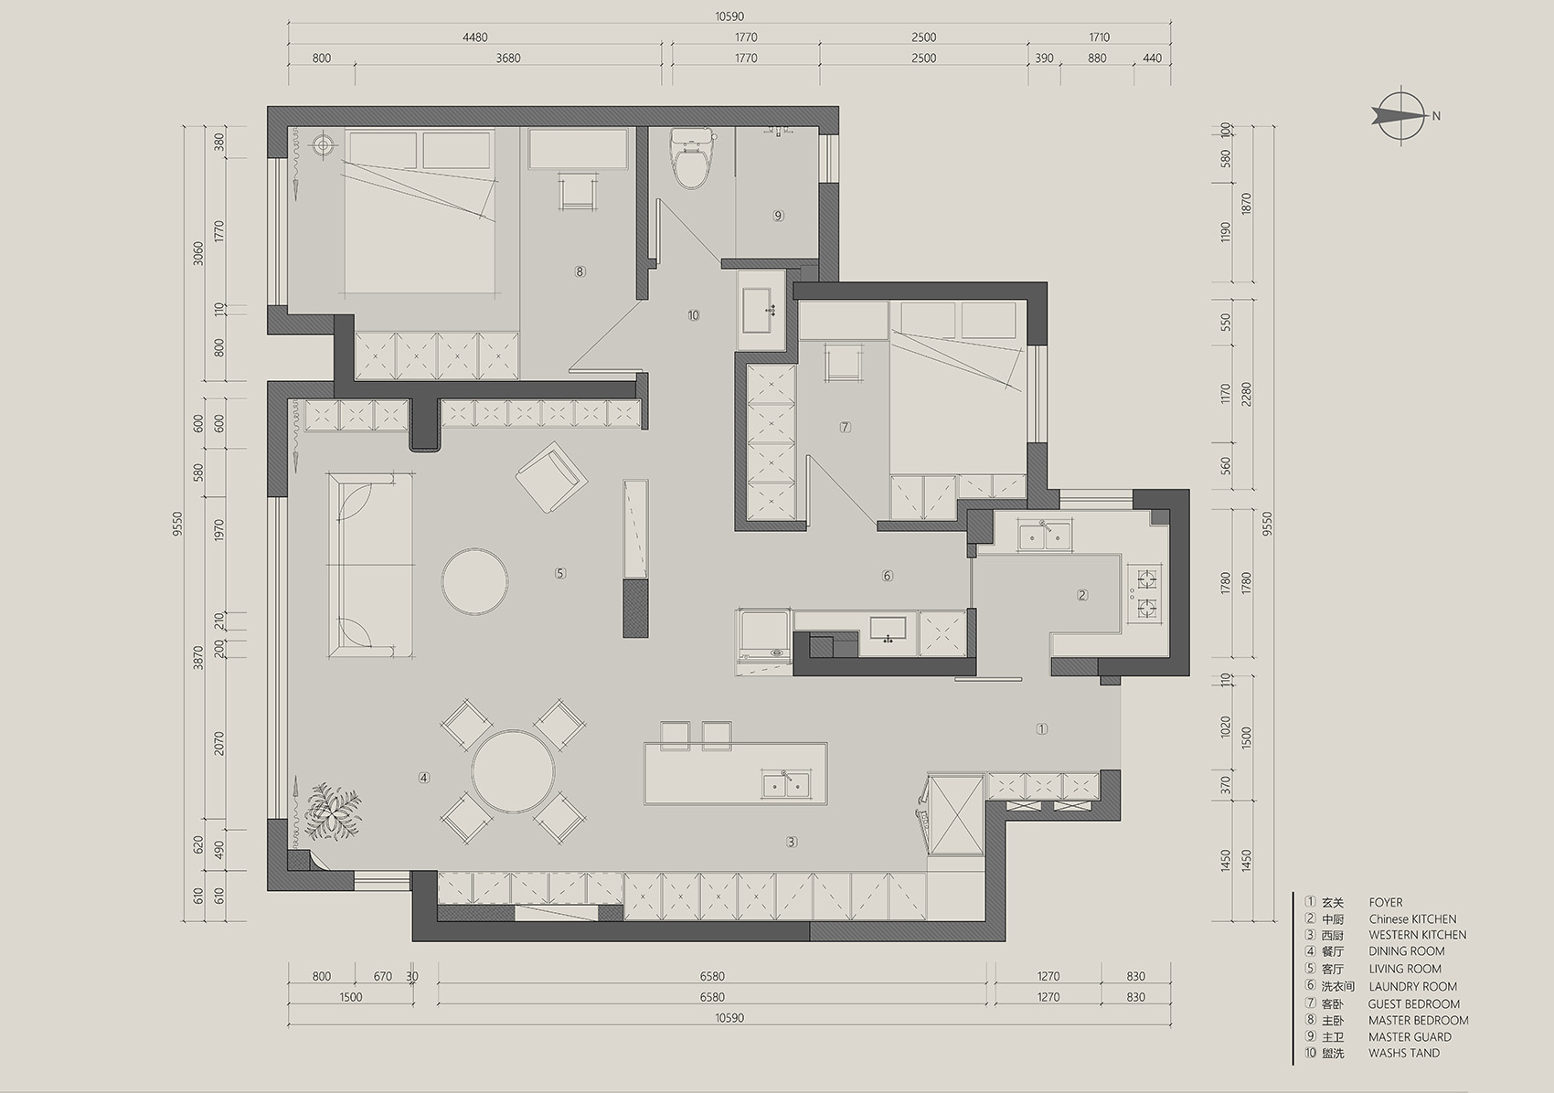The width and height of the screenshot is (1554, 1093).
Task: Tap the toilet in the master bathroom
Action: pyautogui.click(x=692, y=159)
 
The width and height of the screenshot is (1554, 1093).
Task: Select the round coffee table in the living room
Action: pyautogui.click(x=475, y=581)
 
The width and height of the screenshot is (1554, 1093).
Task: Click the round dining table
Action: pyautogui.click(x=513, y=771)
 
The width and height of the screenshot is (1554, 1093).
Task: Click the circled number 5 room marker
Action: pyautogui.click(x=560, y=574)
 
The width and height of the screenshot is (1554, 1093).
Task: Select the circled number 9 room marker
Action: pyautogui.click(x=779, y=216)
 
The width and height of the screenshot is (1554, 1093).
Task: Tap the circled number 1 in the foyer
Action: pyautogui.click(x=1041, y=729)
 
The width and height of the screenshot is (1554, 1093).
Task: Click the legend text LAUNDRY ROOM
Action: pyautogui.click(x=1412, y=986)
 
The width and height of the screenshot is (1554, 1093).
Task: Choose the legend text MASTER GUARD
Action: pyautogui.click(x=1410, y=1037)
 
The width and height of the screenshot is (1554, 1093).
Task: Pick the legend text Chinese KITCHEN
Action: pyautogui.click(x=1412, y=919)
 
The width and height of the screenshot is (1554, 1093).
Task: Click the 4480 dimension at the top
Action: pyautogui.click(x=475, y=37)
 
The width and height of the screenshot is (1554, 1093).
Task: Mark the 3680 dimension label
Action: pyautogui.click(x=508, y=58)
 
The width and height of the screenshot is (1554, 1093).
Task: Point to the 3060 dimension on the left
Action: pyautogui.click(x=198, y=253)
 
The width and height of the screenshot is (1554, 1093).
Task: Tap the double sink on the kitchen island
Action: pyautogui.click(x=786, y=784)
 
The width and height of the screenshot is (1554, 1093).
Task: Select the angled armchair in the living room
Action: pyautogui.click(x=551, y=476)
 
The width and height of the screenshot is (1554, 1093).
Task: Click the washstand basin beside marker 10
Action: pyautogui.click(x=761, y=310)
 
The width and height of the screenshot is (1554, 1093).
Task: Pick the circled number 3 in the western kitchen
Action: pyautogui.click(x=792, y=842)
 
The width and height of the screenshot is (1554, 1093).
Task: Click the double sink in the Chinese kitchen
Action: pyautogui.click(x=1044, y=536)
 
